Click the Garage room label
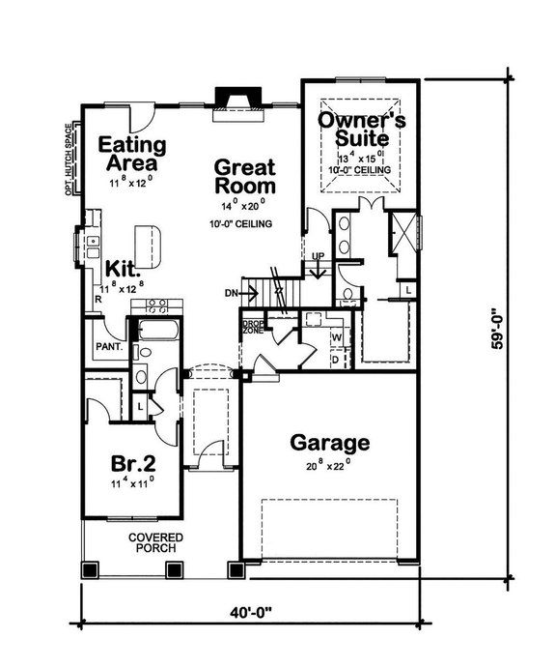click(x=330, y=444)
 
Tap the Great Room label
click(x=245, y=176)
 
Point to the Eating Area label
click(x=133, y=154)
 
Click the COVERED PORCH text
click(x=157, y=544)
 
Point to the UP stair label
click(x=319, y=256)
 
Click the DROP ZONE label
click(x=253, y=327)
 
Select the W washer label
click(x=337, y=337)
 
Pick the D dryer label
click(x=336, y=359)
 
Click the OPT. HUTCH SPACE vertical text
click(x=69, y=159)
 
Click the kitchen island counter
click(x=148, y=238)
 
